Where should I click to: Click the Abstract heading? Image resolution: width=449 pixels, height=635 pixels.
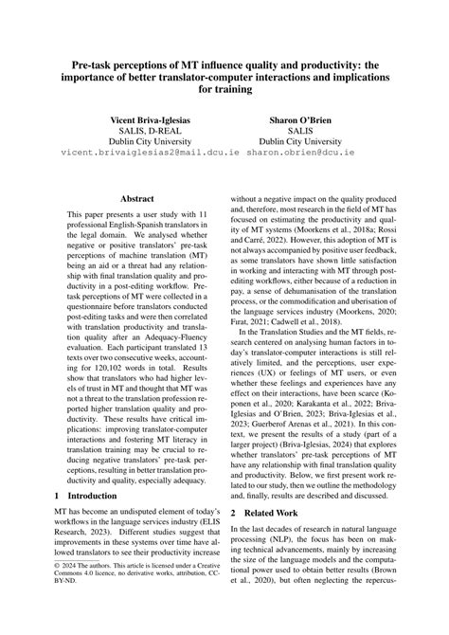pyautogui.click(x=137, y=200)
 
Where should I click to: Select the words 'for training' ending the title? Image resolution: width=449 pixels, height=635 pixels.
pyautogui.click(x=224, y=92)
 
